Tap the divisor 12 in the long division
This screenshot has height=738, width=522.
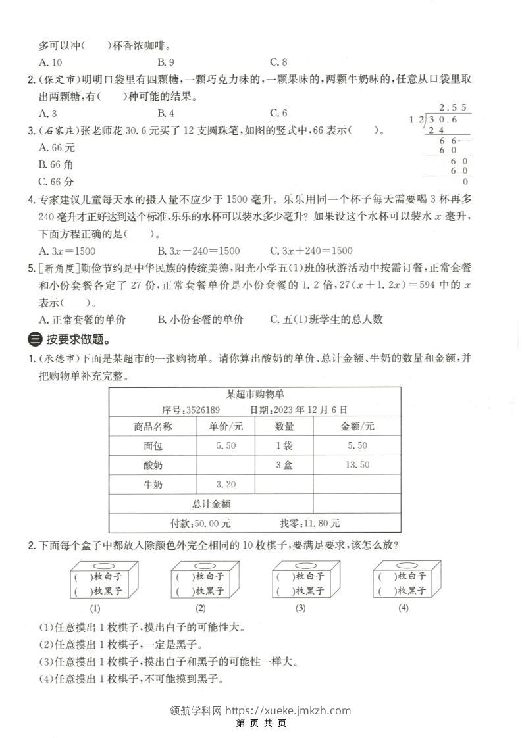(x=415, y=119)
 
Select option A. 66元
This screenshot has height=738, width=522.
(x=57, y=147)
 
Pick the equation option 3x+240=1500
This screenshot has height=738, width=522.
(x=311, y=250)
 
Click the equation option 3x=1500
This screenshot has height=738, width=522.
(x=68, y=250)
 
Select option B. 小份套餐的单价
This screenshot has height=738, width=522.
(x=201, y=319)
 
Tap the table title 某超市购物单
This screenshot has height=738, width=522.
(x=255, y=394)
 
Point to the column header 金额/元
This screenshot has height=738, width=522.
(x=357, y=426)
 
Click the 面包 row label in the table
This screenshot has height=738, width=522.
(x=153, y=446)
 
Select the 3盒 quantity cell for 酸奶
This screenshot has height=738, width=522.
(x=284, y=465)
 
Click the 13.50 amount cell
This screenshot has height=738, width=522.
(x=357, y=465)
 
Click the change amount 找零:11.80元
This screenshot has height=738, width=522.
(x=310, y=524)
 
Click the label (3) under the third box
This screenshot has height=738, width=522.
(x=300, y=608)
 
